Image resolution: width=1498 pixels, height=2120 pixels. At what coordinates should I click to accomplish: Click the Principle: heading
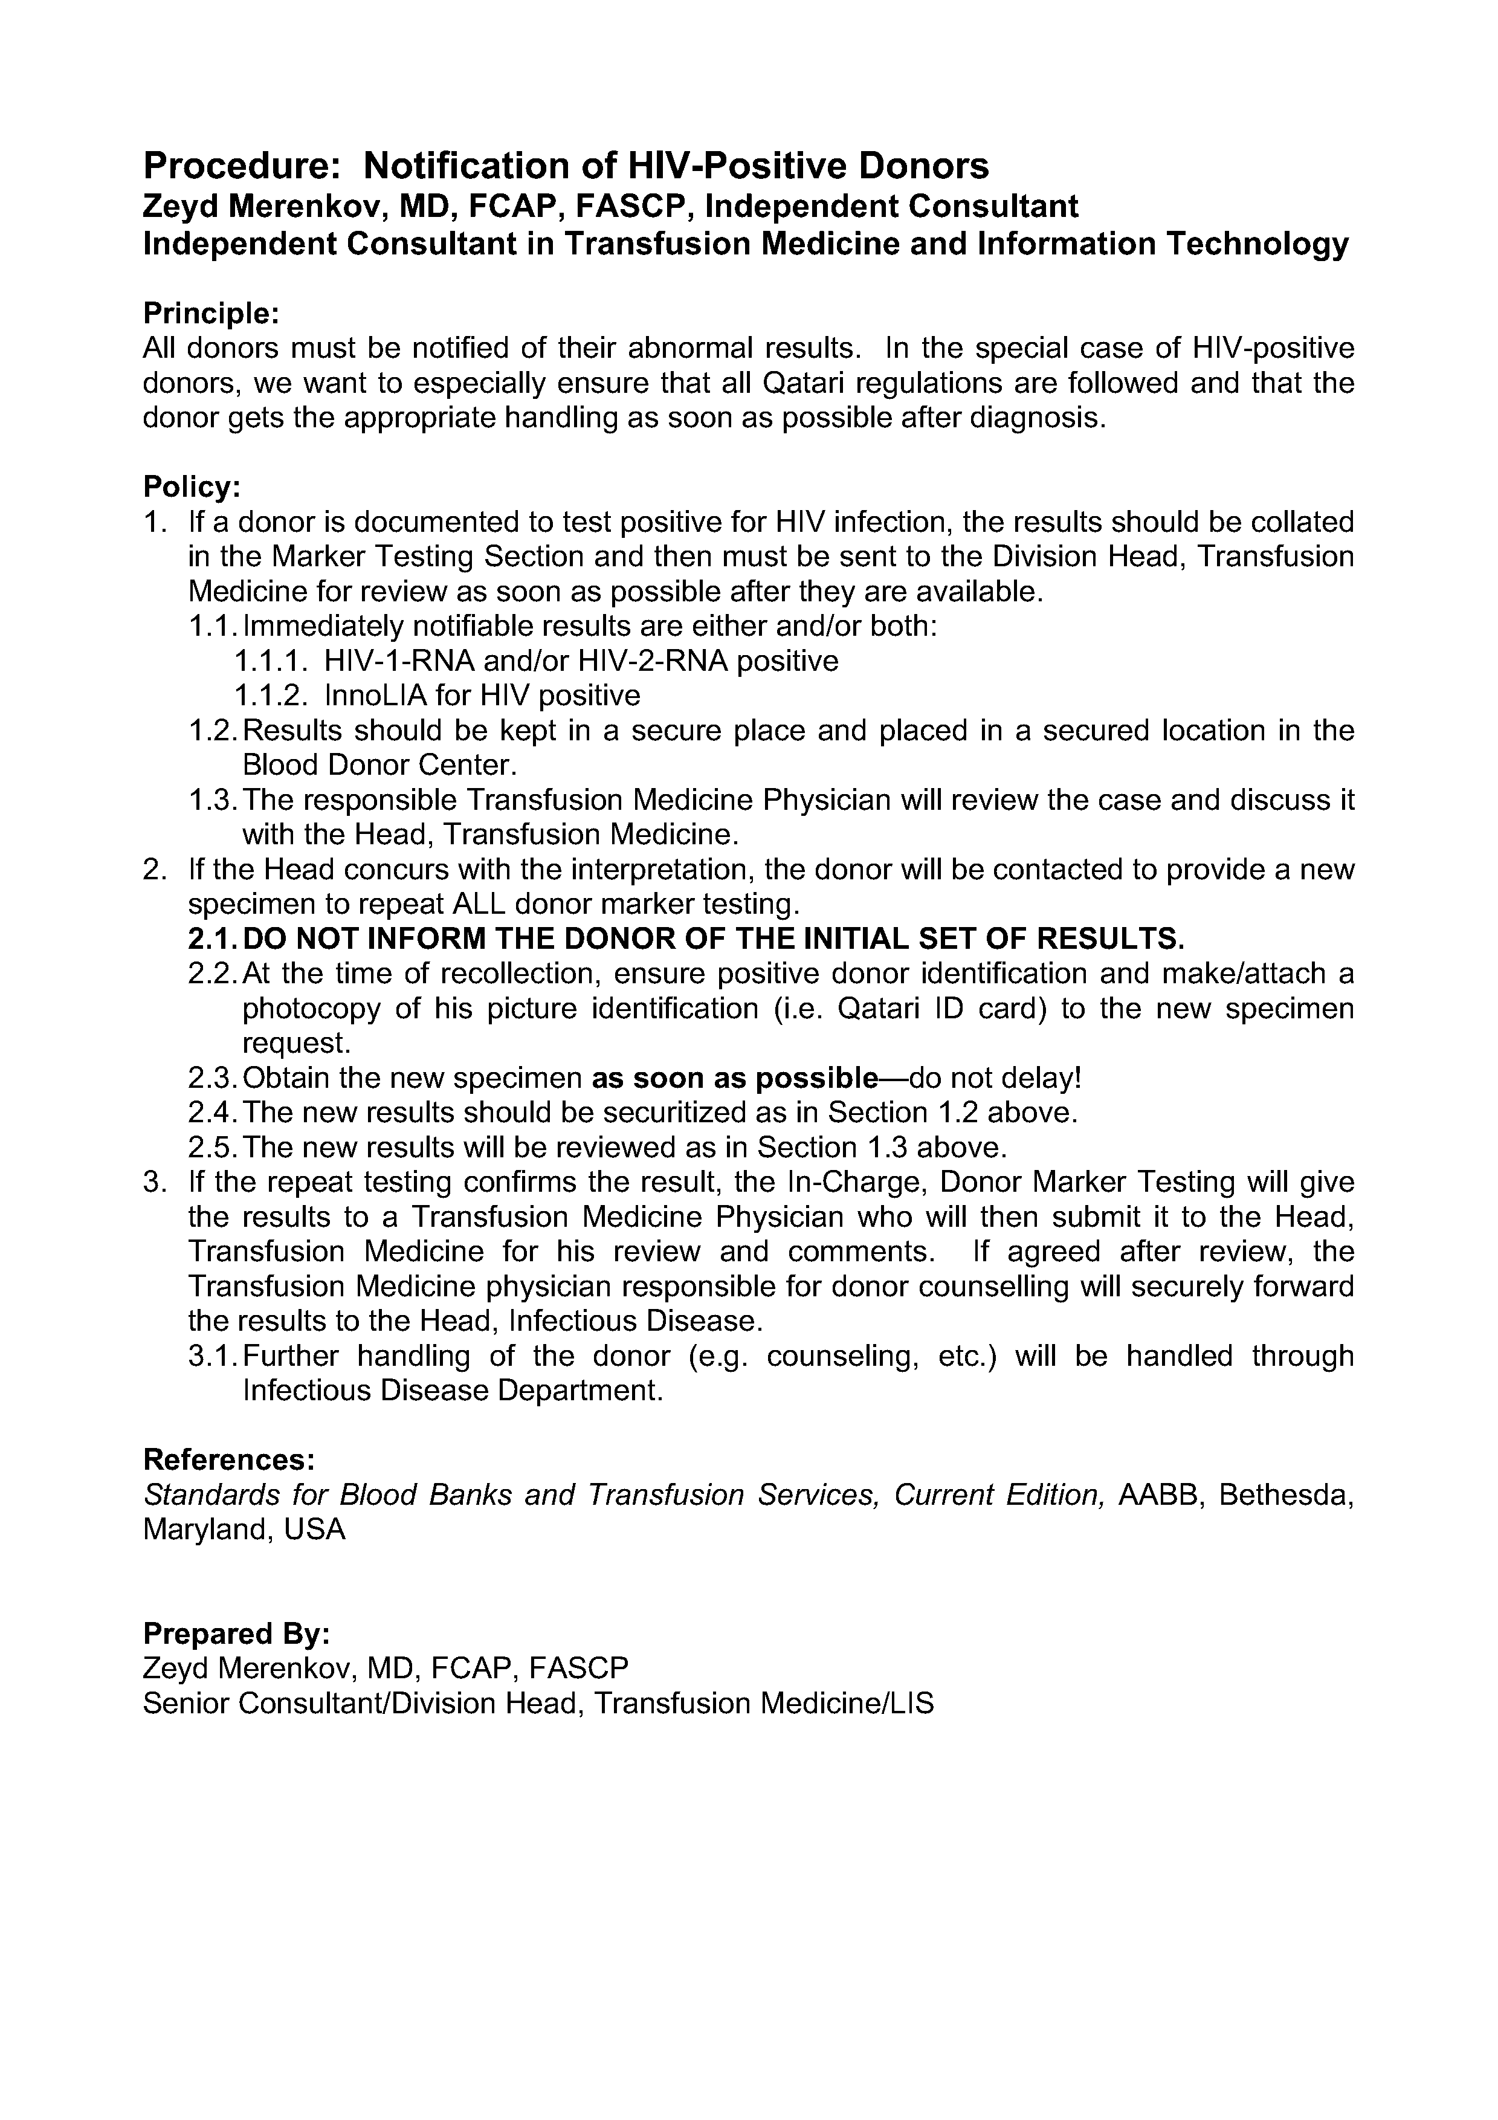pyautogui.click(x=210, y=313)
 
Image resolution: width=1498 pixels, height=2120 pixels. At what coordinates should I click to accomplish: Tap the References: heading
pyautogui.click(x=229, y=1460)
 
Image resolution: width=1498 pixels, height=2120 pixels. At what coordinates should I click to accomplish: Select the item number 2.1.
pyautogui.click(x=213, y=939)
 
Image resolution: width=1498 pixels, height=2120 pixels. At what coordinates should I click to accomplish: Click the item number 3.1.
pyautogui.click(x=213, y=1356)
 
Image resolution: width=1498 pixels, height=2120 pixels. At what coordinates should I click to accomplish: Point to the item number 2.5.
pyautogui.click(x=213, y=1147)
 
